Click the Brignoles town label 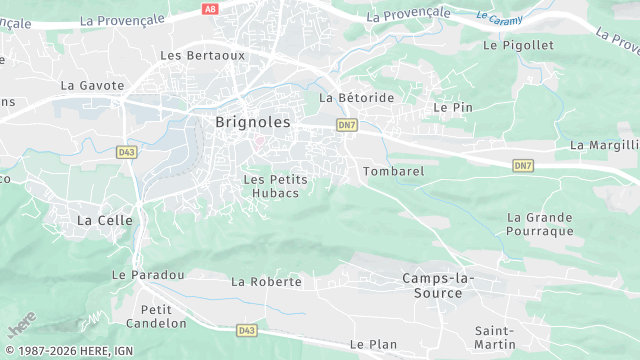click(253, 122)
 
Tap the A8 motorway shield click(209, 8)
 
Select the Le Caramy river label click(499, 18)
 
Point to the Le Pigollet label click(517, 45)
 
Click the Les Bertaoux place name click(203, 55)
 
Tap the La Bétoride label click(356, 98)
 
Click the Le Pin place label click(452, 106)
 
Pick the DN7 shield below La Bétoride click(347, 125)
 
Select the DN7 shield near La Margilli click(523, 165)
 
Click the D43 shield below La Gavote click(126, 152)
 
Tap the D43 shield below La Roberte click(248, 329)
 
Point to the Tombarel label click(394, 171)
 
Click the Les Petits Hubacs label click(275, 185)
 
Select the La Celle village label click(99, 219)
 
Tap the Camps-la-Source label click(438, 285)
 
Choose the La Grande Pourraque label click(540, 224)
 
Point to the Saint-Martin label click(495, 337)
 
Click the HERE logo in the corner click(21, 326)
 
